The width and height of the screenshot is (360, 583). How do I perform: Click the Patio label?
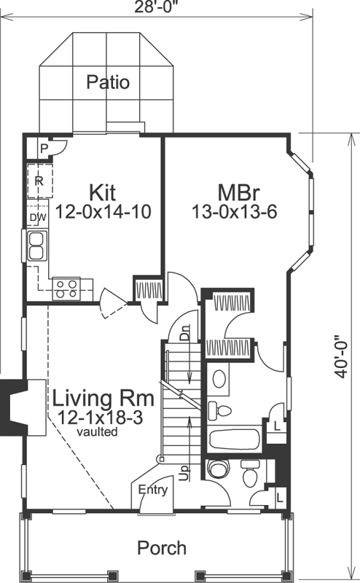click(108, 82)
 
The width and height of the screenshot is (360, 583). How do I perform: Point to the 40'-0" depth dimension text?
click(340, 356)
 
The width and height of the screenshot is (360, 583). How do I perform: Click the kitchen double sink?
click(38, 246)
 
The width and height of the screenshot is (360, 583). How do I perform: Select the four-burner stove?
click(68, 289)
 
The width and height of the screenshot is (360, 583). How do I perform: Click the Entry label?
click(153, 490)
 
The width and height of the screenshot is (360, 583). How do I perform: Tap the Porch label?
click(162, 547)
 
